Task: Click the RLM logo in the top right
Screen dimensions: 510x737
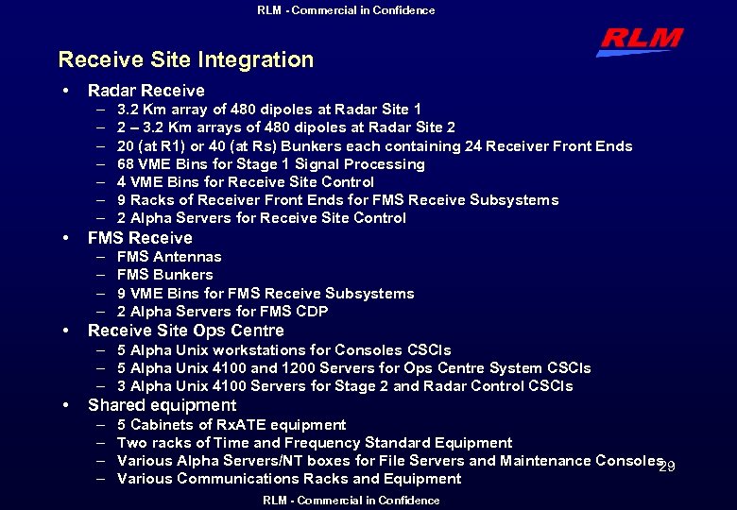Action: tap(640, 41)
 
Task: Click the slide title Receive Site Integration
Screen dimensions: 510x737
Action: tap(185, 59)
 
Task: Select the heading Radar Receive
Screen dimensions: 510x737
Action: tap(146, 91)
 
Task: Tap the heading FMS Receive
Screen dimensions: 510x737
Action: tap(140, 238)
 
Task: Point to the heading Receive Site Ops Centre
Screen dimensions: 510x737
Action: tap(185, 331)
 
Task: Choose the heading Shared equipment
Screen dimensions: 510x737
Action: tap(162, 405)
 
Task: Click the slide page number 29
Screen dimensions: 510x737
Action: tap(667, 467)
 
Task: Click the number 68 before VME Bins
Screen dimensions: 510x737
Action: tap(126, 164)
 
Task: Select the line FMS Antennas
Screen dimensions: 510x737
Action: tap(169, 257)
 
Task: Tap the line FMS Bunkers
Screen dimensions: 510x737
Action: tap(165, 275)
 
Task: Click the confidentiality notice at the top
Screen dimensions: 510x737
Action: tap(346, 10)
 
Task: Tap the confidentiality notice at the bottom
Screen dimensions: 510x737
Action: tap(351, 501)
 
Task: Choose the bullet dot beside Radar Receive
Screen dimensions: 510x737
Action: tap(64, 91)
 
